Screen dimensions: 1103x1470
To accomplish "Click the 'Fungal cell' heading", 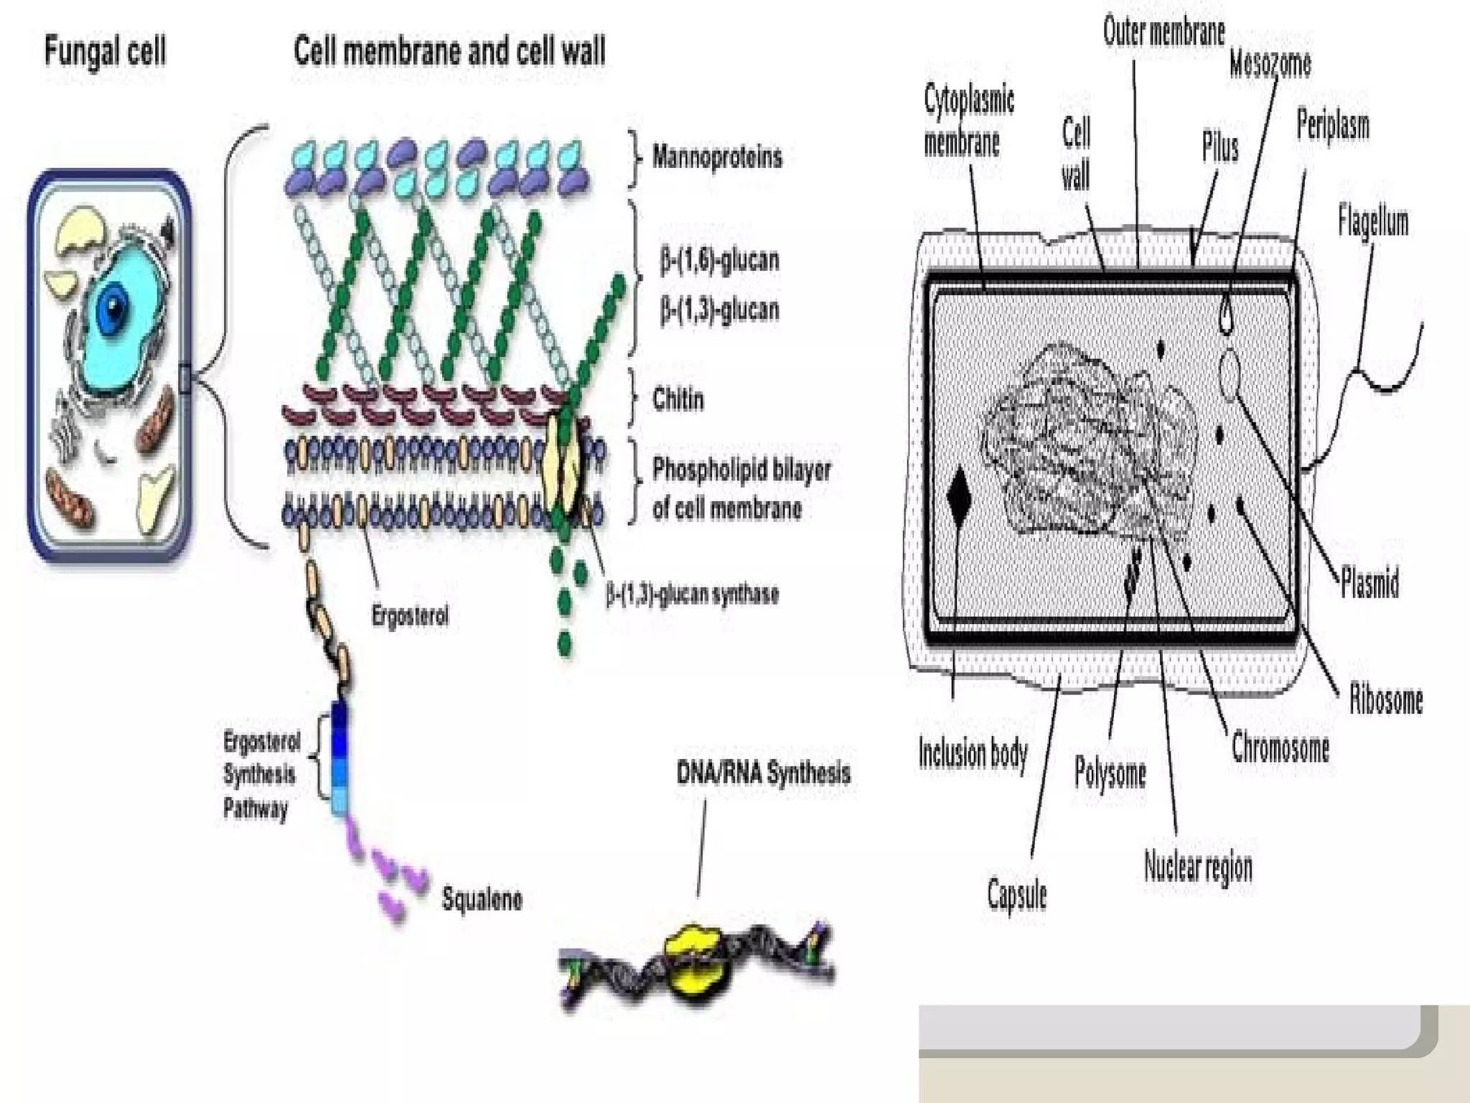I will [105, 52].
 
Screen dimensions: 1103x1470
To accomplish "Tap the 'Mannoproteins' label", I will [716, 157].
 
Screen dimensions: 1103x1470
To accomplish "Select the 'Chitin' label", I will [678, 399].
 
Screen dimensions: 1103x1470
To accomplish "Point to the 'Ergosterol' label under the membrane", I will [410, 615].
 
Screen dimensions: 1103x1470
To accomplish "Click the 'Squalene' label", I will [482, 898].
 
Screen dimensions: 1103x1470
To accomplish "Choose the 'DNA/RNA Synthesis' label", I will [763, 773].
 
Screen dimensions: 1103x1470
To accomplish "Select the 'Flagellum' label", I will [1372, 221].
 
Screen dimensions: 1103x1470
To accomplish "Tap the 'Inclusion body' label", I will [973, 754].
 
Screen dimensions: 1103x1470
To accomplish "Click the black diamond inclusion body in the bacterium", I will [959, 495].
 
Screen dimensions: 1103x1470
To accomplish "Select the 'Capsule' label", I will [1016, 895].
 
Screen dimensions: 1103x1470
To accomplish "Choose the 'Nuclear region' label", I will [1197, 866].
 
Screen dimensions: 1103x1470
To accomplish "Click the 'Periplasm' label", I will [1332, 126].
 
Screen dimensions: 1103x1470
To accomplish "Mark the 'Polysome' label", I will [1109, 773].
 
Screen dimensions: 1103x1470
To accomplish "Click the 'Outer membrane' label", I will [1164, 32].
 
